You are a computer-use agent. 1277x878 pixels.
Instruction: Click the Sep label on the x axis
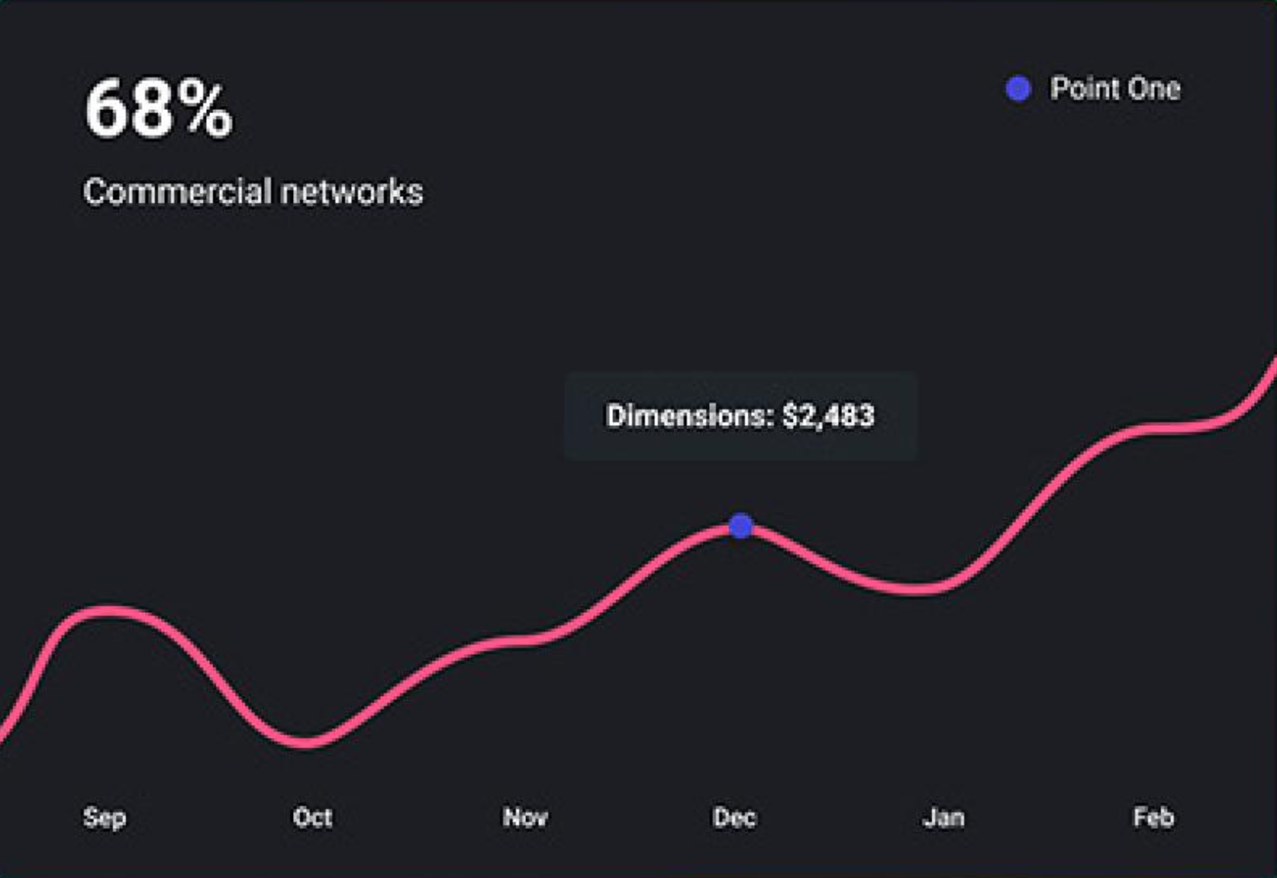click(104, 817)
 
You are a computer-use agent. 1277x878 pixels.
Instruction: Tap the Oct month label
click(313, 817)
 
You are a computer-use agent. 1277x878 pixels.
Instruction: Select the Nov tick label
click(525, 817)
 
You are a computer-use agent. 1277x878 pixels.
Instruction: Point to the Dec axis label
click(735, 817)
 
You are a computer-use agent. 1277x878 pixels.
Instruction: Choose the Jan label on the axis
click(944, 817)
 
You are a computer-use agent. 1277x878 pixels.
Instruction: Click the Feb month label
click(1153, 817)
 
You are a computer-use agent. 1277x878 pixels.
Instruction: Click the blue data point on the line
click(740, 526)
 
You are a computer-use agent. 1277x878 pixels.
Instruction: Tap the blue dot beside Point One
click(1018, 89)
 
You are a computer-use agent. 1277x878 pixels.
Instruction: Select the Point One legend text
click(1115, 89)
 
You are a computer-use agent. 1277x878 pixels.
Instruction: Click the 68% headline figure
click(158, 108)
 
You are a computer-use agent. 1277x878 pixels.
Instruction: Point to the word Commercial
click(177, 192)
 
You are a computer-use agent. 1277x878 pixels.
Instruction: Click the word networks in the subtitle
click(351, 192)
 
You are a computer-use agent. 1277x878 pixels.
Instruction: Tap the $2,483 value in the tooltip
click(828, 416)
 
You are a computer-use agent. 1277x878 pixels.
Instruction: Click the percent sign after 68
click(207, 109)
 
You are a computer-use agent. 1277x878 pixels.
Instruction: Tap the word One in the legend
click(1153, 89)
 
